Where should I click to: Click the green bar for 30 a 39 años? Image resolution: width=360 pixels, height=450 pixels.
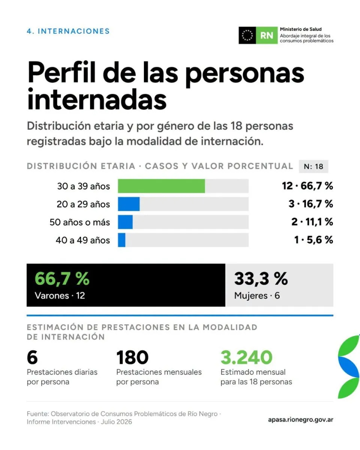pos(161,186)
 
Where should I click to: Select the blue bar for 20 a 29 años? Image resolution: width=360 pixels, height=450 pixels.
pos(129,204)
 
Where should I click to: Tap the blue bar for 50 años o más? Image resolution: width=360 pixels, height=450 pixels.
pos(125,222)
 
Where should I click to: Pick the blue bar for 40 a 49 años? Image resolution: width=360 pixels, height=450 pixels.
pos(121,240)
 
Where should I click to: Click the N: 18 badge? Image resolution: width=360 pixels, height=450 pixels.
pos(313,166)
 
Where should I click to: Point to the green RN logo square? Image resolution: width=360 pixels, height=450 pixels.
pos(267,35)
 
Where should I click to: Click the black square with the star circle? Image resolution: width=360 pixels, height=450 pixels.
pos(247,35)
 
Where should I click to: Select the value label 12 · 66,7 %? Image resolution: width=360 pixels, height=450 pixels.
pos(307,186)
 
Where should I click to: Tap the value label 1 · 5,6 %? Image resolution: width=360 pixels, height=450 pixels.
pos(313,240)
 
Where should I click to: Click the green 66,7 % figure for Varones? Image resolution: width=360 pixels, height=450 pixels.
pos(62,279)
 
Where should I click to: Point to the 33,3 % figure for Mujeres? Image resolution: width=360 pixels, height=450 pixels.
pos(261,279)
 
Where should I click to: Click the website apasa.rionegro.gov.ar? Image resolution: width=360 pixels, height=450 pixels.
pos(301,420)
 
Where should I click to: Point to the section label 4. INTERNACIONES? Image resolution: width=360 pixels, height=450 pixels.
pos(68,31)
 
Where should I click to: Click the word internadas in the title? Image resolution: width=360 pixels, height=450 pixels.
pos(97,99)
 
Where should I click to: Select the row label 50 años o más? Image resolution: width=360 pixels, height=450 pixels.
pos(80,222)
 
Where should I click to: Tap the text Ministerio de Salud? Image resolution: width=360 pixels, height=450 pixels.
pos(301,29)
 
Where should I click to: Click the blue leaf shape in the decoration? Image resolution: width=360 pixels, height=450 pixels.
pos(349,367)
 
